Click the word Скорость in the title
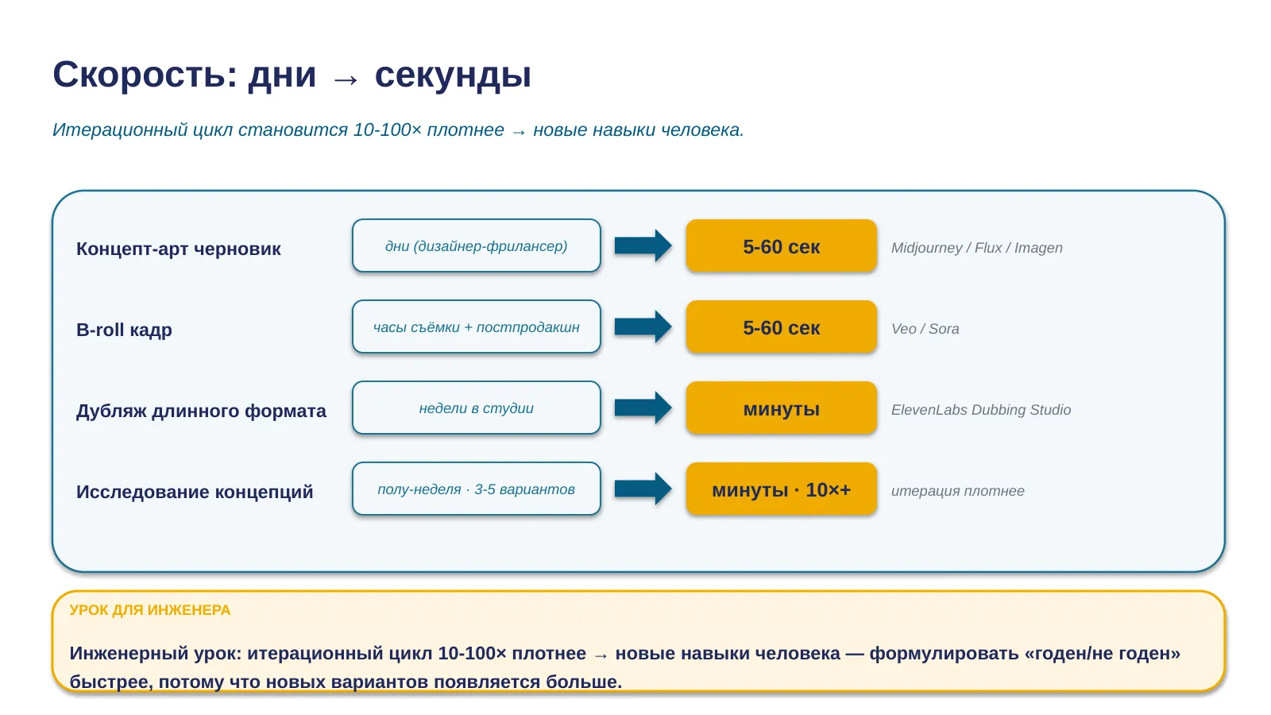coord(145,75)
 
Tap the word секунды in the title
coord(453,75)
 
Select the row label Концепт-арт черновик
coord(178,249)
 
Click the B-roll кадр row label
coord(124,330)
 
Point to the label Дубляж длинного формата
coord(201,411)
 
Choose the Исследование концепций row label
coord(194,492)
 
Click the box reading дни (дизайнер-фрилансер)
coord(476,245)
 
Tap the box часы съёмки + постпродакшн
coord(476,327)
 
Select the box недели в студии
coord(476,408)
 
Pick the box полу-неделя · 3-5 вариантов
coord(476,489)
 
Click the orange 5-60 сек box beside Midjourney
coord(782,245)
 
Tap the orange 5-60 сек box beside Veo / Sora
coord(782,327)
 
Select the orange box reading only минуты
coord(782,408)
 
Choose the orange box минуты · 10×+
coord(782,489)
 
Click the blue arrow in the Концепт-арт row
coord(643,245)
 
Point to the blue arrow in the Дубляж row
coord(643,408)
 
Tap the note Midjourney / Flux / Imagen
coord(976,248)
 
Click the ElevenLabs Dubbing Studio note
coord(980,410)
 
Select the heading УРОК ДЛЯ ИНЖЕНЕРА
coord(150,610)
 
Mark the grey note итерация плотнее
coord(958,491)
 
